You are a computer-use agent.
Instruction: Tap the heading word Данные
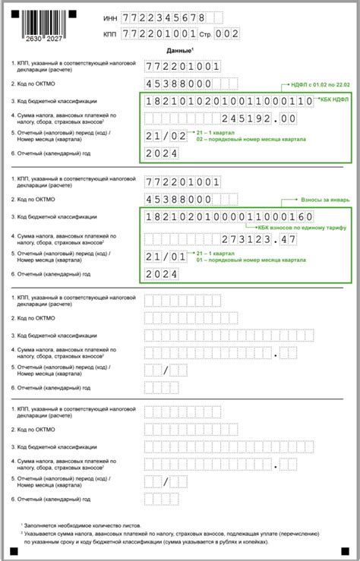178,50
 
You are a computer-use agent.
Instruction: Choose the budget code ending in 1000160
227,218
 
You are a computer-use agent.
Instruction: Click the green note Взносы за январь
325,200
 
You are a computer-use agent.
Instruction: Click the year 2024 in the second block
161,274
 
